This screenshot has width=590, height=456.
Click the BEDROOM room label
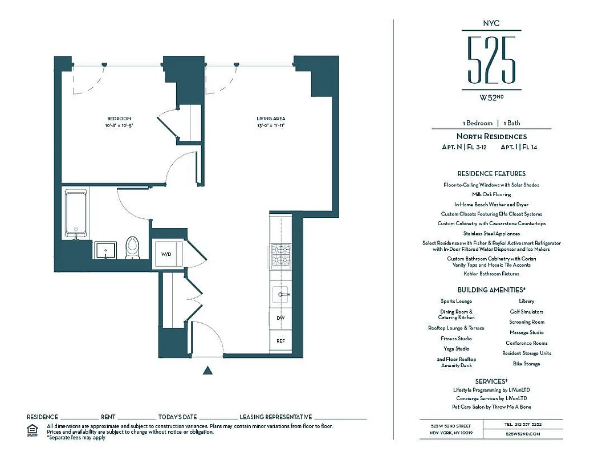119,119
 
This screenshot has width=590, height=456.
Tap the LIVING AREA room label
271,119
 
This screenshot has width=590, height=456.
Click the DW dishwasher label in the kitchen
280,318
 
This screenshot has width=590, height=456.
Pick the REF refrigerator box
280,341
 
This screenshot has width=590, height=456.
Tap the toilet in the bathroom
132,246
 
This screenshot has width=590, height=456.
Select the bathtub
76,214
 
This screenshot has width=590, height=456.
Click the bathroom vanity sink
105,250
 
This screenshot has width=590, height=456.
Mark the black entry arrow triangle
208,370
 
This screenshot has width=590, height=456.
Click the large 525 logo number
491,59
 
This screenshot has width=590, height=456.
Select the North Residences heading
491,136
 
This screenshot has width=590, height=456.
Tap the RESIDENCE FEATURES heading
491,173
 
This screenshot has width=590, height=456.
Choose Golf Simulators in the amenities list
526,312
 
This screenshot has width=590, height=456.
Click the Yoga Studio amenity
456,349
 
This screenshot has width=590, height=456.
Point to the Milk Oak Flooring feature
491,194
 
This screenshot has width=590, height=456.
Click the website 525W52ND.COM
523,434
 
